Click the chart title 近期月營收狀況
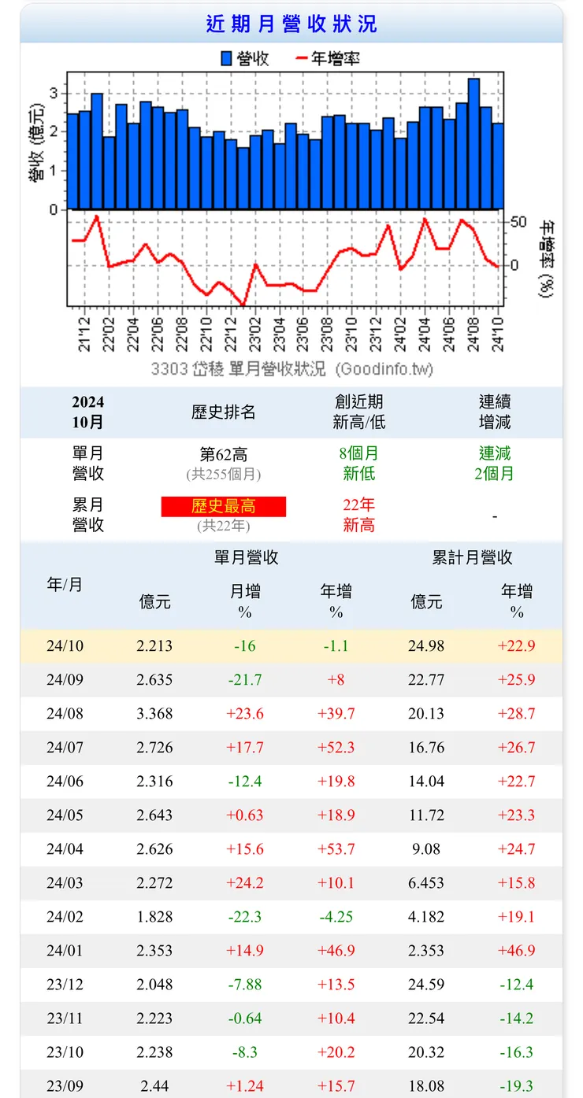point(291,24)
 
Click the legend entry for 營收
point(245,58)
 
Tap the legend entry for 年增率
point(327,58)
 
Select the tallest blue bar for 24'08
point(473,143)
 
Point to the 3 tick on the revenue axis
point(54,93)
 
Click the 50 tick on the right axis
point(518,222)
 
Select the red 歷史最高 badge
point(224,506)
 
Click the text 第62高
point(224,454)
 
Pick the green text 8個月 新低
point(359,464)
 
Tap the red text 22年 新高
point(359,515)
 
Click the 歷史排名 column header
point(224,412)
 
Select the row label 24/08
point(65,714)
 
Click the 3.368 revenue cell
point(154,714)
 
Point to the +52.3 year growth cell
point(336,748)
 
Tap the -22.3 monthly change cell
point(245,917)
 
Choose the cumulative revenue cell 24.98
point(426,646)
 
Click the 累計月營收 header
point(472,557)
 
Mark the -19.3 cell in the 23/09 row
point(517,1086)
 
